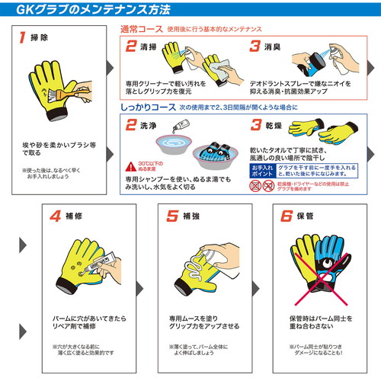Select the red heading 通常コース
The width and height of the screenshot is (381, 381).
pos(146,28)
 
